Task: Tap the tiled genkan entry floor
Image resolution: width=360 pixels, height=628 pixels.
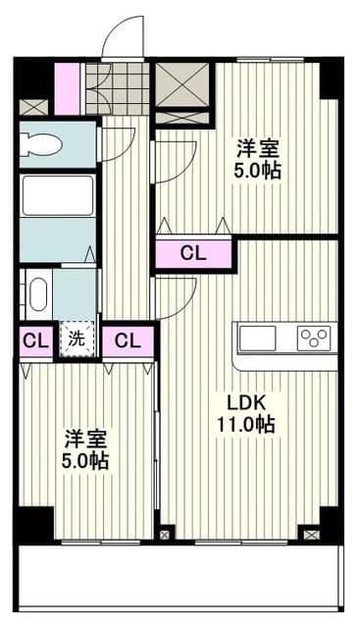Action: click(x=117, y=89)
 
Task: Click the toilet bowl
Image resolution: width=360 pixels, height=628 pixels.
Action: click(x=41, y=145)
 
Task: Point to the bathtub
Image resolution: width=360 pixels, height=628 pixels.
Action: click(x=57, y=195)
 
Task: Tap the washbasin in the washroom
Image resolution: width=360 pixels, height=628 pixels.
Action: click(x=37, y=294)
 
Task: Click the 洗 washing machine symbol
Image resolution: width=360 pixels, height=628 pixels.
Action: click(x=77, y=340)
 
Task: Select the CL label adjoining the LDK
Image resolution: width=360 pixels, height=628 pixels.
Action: click(x=193, y=254)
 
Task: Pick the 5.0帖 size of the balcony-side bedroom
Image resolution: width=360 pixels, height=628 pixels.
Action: click(x=87, y=460)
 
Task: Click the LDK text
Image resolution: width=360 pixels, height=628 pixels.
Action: click(x=246, y=403)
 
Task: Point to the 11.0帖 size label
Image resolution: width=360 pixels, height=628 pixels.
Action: click(x=246, y=425)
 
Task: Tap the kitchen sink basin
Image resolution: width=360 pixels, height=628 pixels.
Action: click(x=258, y=339)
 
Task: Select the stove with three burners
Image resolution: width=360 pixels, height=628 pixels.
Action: click(x=314, y=339)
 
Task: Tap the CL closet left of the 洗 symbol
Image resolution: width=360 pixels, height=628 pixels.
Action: click(x=36, y=341)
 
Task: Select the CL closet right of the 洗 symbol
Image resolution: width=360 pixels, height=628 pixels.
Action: click(x=127, y=341)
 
